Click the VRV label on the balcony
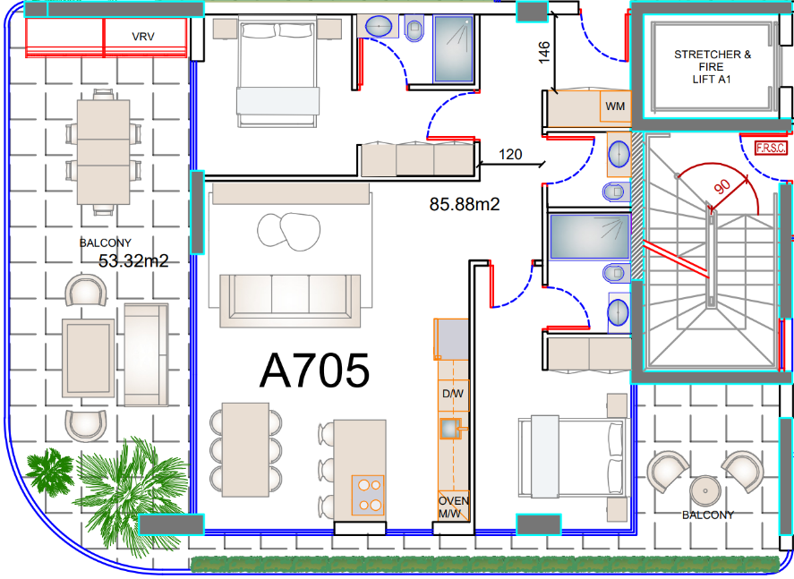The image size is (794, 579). [143, 37]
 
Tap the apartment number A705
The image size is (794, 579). [314, 371]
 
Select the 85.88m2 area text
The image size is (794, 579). [465, 204]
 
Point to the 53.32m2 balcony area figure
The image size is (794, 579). [133, 260]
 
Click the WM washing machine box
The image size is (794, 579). [615, 106]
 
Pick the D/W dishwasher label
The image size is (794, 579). [453, 393]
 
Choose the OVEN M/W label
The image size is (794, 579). [454, 507]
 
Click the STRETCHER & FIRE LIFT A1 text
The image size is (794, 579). [712, 67]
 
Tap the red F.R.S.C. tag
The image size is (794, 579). [772, 148]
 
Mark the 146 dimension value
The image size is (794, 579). [544, 53]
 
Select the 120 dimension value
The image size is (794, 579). [510, 154]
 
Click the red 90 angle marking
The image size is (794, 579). [722, 186]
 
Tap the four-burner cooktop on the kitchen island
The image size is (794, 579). [368, 495]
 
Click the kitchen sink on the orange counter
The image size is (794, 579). [449, 429]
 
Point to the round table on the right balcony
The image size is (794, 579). [705, 490]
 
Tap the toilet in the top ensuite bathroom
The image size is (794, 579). [414, 28]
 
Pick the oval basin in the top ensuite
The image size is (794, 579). [379, 26]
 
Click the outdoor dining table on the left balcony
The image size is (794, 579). [103, 152]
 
